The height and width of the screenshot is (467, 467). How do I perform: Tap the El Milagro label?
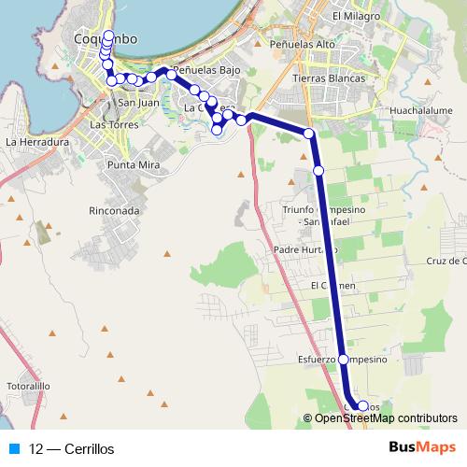pyautogui.click(x=356, y=17)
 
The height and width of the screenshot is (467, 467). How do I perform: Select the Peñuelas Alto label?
pyautogui.click(x=300, y=44)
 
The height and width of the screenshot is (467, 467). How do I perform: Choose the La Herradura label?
pyautogui.click(x=37, y=142)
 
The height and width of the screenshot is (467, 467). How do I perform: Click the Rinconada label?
pyautogui.click(x=114, y=211)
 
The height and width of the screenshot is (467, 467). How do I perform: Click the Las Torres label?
pyautogui.click(x=114, y=124)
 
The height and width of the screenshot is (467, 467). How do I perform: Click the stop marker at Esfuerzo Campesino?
pyautogui.click(x=343, y=360)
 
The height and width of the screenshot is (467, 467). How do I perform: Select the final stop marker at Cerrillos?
pyautogui.click(x=362, y=406)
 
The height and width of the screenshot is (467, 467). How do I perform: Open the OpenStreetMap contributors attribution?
pyautogui.click(x=385, y=418)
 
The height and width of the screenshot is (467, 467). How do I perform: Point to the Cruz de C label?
pyautogui.click(x=446, y=261)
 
